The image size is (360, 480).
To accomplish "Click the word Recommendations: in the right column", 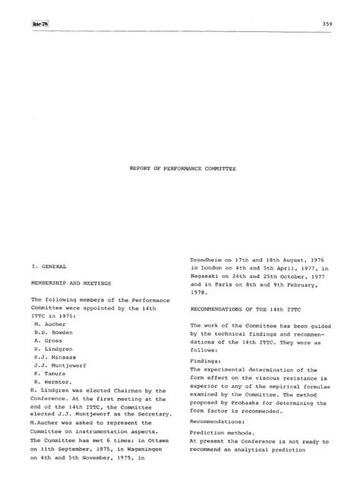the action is [x=217, y=420].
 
